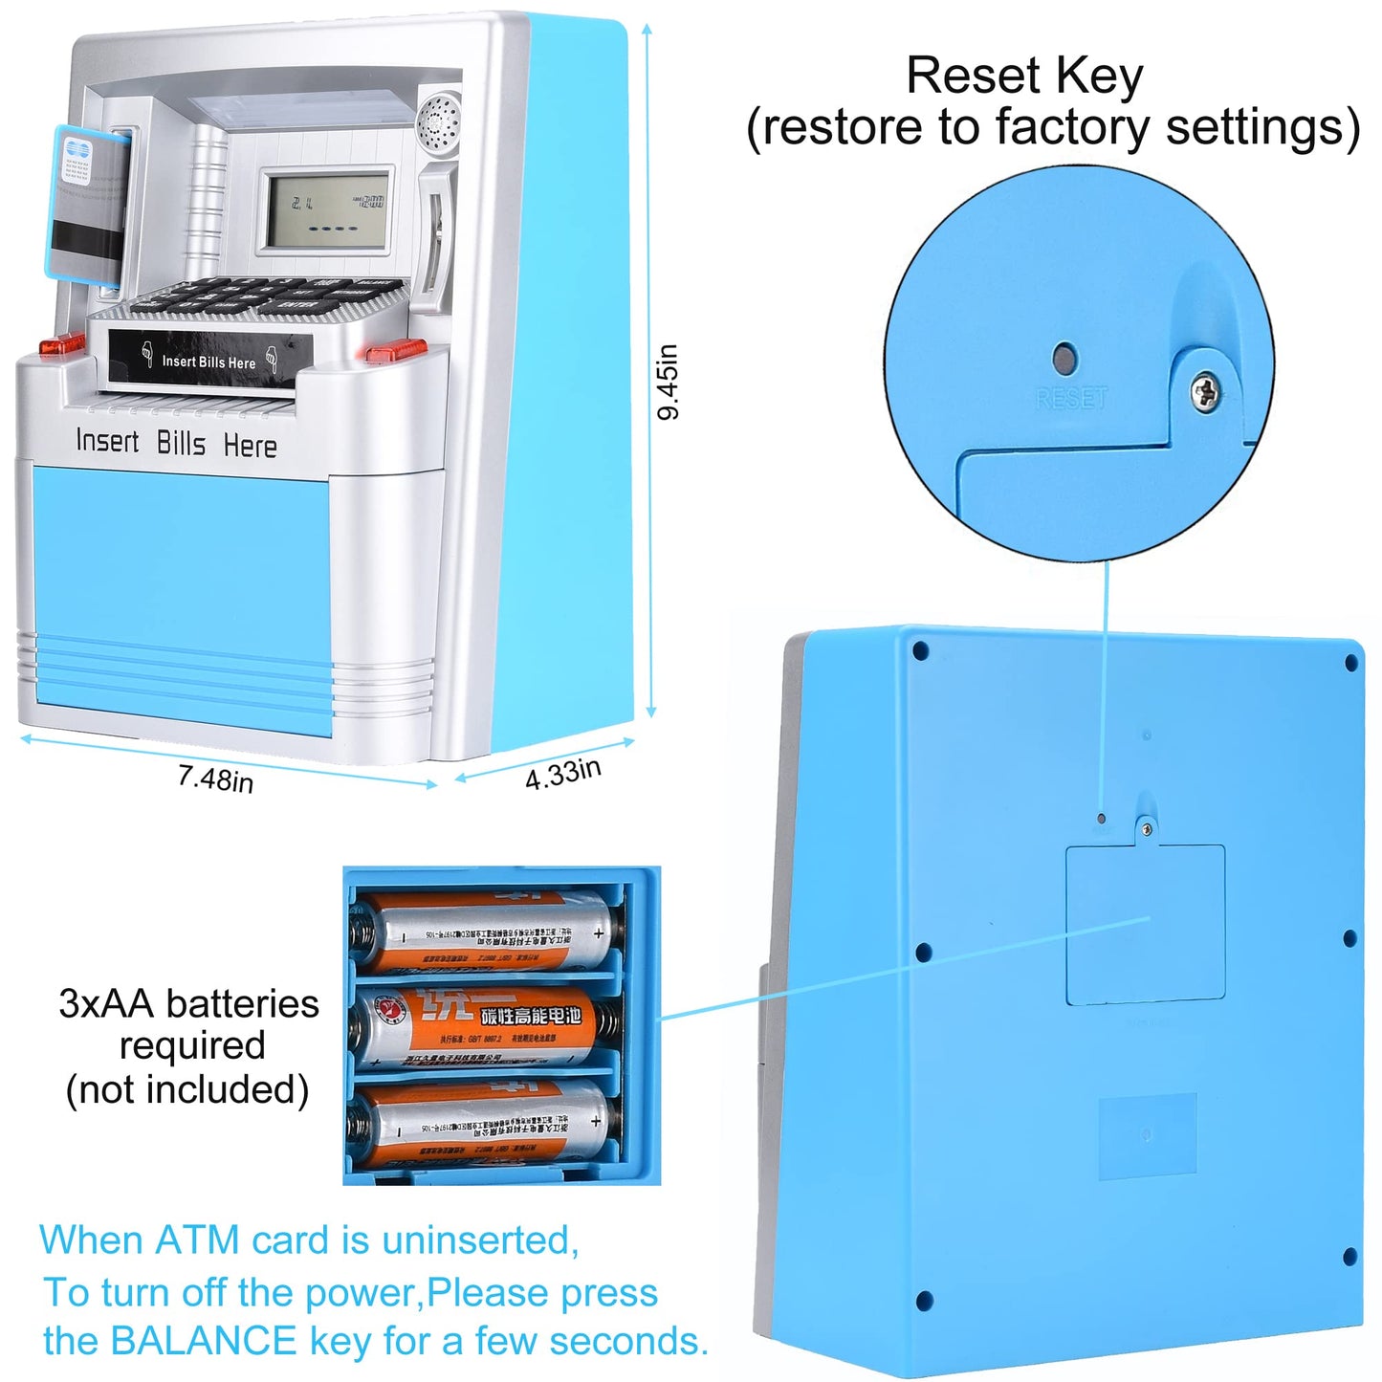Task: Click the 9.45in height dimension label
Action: pyautogui.click(x=669, y=382)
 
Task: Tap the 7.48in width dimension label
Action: pyautogui.click(x=215, y=779)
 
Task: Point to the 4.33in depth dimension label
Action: pyautogui.click(x=562, y=774)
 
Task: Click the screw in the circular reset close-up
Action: pyautogui.click(x=1206, y=390)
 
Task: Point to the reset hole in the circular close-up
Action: pyautogui.click(x=1064, y=360)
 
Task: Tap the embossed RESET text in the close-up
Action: pyautogui.click(x=1072, y=398)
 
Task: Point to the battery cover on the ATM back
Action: pyautogui.click(x=1145, y=925)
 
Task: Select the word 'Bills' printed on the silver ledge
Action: pyautogui.click(x=181, y=443)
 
